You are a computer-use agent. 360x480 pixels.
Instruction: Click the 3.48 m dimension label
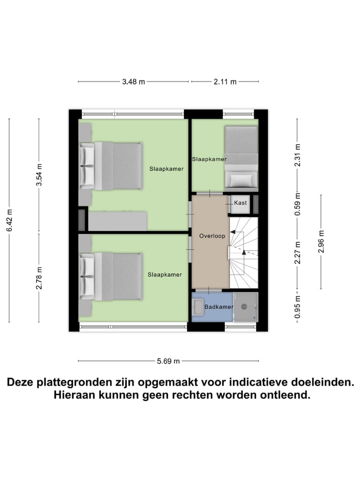tap(133, 82)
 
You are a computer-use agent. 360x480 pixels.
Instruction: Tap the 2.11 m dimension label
tap(225, 82)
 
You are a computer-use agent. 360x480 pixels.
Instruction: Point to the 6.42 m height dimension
tap(9, 220)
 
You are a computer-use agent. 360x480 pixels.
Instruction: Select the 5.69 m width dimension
tap(168, 361)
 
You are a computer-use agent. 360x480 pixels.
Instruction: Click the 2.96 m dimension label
tap(321, 241)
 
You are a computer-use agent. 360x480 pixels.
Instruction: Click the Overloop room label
tap(212, 235)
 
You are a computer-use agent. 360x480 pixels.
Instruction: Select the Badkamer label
tap(218, 306)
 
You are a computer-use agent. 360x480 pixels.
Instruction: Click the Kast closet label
tap(240, 202)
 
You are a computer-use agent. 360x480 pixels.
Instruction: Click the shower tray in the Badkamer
tap(246, 306)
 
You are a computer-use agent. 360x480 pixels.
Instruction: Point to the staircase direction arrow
tap(243, 251)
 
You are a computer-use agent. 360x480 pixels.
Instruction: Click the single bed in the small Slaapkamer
tap(241, 156)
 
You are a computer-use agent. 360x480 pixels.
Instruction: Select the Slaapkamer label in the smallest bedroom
tap(209, 159)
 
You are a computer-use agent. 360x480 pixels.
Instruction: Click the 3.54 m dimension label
tap(39, 175)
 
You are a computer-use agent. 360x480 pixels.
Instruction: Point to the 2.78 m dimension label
tap(39, 278)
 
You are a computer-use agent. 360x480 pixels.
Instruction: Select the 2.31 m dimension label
tap(297, 155)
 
